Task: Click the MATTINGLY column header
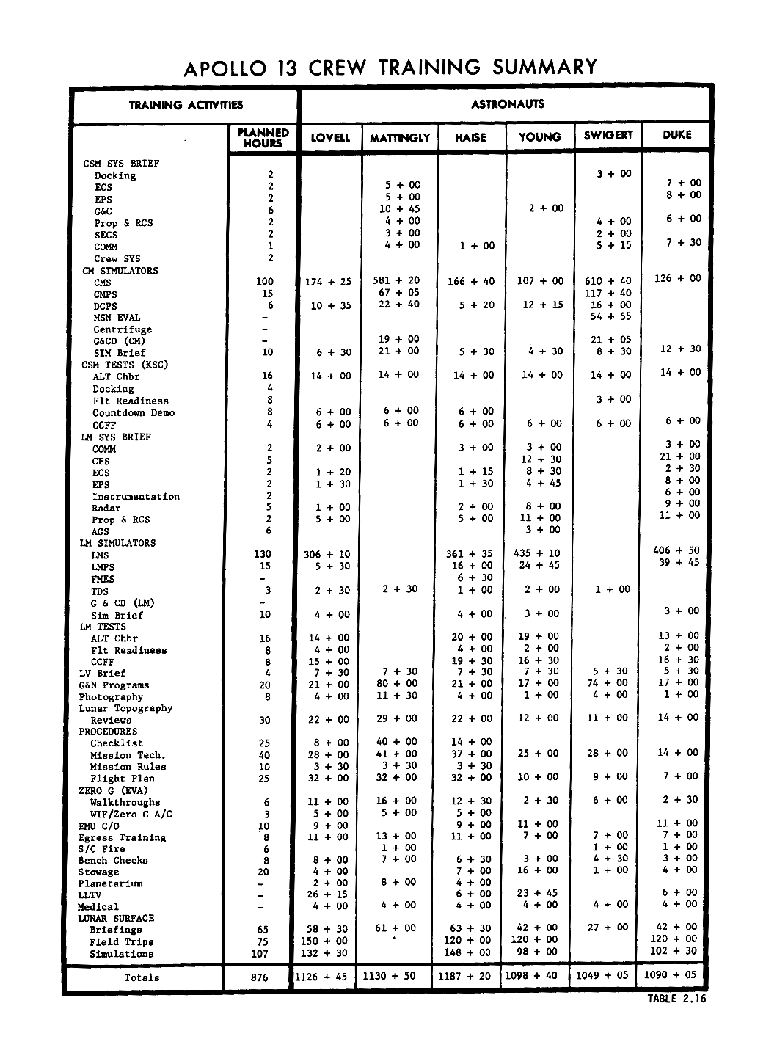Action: coord(400,138)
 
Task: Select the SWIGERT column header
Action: coord(608,136)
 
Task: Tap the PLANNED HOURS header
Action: coord(263,138)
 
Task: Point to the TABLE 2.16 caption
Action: coord(676,998)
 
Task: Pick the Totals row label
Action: coord(142,977)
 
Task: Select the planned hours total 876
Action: coord(260,977)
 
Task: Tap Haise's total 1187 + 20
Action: coord(465,976)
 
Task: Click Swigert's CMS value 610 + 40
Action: coord(610,281)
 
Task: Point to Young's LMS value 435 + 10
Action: coord(539,553)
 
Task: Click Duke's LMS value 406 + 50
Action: coord(676,550)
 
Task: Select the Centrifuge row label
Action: coord(123,329)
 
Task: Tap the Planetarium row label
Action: coord(110,883)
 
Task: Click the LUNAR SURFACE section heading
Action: coord(116,918)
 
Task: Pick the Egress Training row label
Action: coord(123,837)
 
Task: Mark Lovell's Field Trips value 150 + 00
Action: coord(324,941)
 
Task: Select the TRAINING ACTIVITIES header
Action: coord(186,105)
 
